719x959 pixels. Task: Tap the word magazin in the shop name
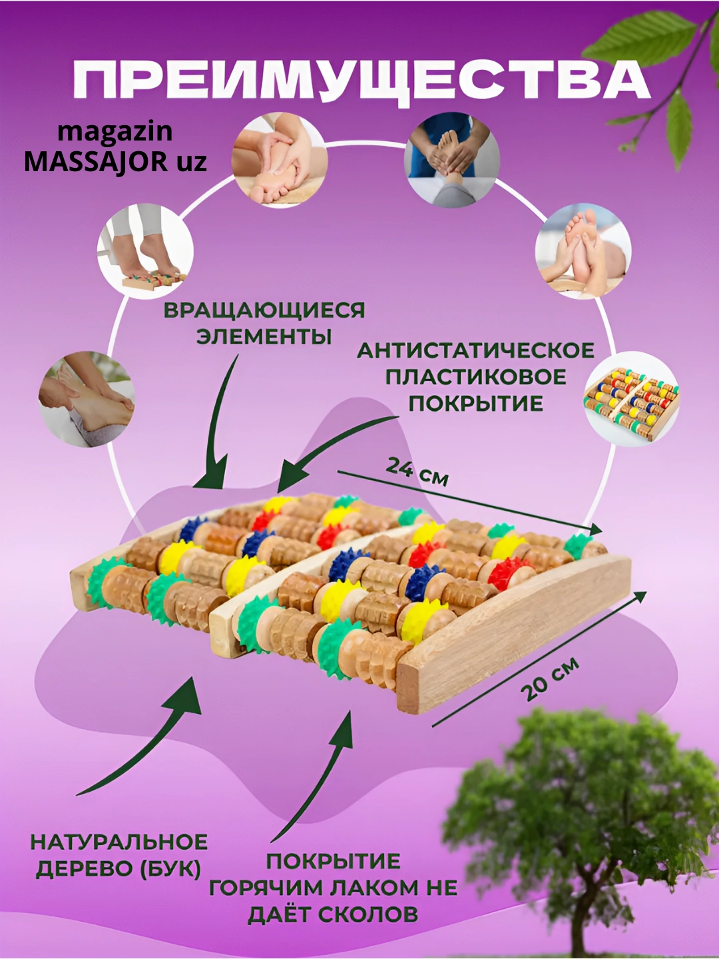point(115,133)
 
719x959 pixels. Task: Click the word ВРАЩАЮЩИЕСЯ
point(264,310)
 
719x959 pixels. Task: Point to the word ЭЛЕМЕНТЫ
point(264,337)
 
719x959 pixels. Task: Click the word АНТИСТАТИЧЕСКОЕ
point(476,351)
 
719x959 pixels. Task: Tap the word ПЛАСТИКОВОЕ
point(476,378)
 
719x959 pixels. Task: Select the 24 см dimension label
point(417,472)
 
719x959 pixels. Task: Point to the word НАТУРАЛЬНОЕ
point(119,842)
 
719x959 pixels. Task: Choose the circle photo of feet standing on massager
point(145,251)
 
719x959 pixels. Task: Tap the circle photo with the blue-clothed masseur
point(452,159)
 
